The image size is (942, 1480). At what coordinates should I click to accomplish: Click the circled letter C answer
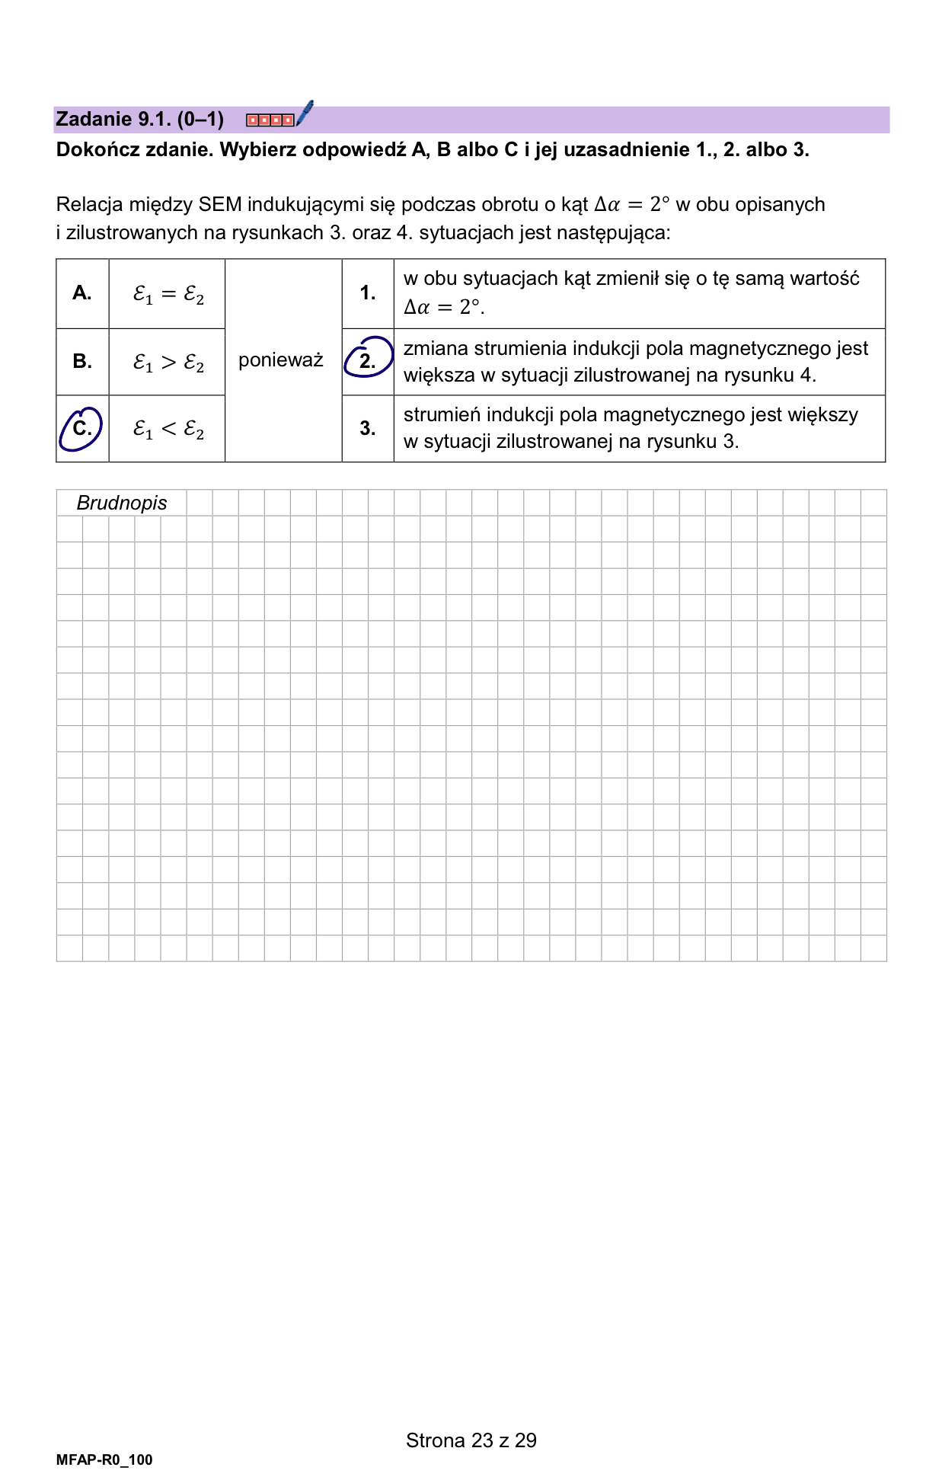(x=81, y=429)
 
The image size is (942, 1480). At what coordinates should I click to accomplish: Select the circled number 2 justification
(x=368, y=360)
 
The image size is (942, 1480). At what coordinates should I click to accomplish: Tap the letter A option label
(x=82, y=293)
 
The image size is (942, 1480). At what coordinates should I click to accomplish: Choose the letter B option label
(x=82, y=361)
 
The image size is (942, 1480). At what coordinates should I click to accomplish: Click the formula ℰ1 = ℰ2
(x=168, y=295)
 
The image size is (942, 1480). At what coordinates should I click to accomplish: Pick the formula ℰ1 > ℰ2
(x=168, y=363)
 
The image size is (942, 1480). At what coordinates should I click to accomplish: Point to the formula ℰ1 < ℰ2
(x=168, y=430)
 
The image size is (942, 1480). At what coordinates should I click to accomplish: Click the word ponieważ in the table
(x=281, y=360)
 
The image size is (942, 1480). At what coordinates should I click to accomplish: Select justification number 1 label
(x=368, y=293)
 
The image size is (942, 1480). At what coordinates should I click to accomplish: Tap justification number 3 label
(x=368, y=428)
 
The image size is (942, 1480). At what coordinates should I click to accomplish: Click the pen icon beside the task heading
(x=305, y=113)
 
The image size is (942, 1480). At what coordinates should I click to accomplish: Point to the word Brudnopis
(x=122, y=503)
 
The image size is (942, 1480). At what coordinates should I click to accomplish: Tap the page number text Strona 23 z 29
(x=471, y=1440)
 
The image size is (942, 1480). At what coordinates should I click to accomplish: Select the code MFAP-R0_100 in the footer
(x=104, y=1459)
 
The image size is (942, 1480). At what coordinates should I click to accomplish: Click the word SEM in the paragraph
(x=219, y=205)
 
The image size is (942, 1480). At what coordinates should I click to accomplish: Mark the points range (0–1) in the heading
(x=200, y=119)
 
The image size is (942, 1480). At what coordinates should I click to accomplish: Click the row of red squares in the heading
(x=270, y=120)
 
